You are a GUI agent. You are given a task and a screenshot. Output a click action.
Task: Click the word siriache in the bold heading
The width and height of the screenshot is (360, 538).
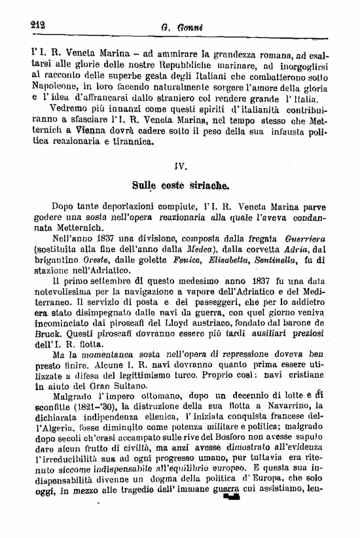tap(207, 185)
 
